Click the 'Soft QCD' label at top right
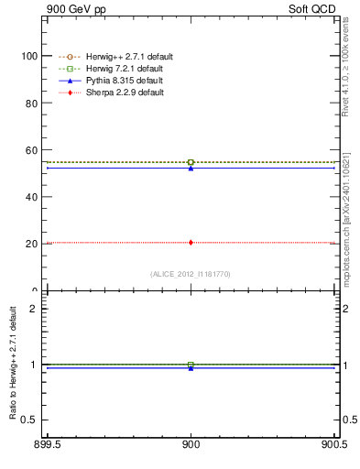pyautogui.click(x=311, y=9)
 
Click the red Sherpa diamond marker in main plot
pyautogui.click(x=191, y=243)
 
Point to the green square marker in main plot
pyautogui.click(x=191, y=162)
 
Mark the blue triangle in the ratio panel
pyautogui.click(x=191, y=367)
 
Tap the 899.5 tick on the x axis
pyautogui.click(x=46, y=445)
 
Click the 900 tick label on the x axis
pyautogui.click(x=191, y=445)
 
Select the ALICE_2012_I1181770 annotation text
pyautogui.click(x=191, y=274)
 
